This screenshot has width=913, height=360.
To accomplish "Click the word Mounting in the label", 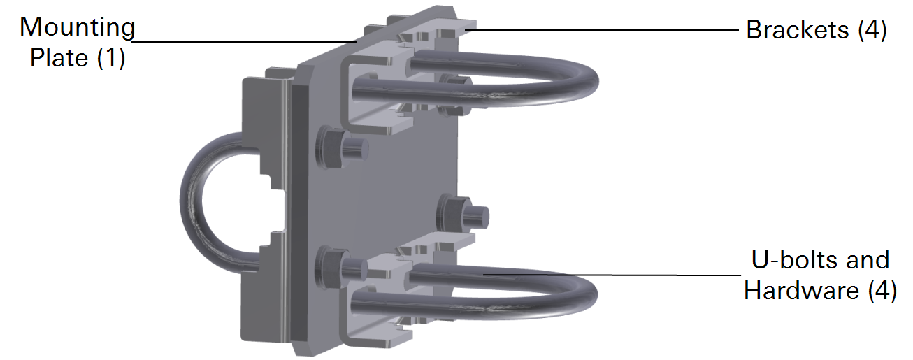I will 78,28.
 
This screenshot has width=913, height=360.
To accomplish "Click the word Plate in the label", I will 58,57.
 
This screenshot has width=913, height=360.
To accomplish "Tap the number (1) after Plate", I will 110,57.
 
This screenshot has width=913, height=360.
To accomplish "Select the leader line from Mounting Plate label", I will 245,41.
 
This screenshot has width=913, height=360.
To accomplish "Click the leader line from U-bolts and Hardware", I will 608,275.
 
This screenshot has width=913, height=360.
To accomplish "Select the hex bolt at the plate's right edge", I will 459,211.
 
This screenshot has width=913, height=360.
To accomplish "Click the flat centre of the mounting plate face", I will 391,189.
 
